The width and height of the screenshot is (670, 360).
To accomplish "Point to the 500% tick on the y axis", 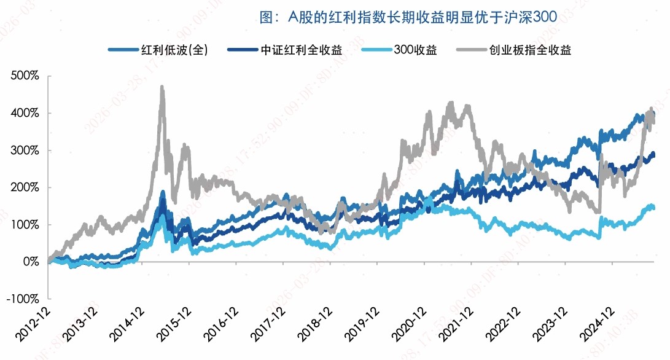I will [25, 76].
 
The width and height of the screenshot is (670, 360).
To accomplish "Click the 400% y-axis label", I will [25, 114].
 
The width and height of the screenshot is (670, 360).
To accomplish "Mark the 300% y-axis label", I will [25, 151].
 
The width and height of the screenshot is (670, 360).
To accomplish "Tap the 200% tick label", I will [25, 187].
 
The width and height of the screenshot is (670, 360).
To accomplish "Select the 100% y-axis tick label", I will [25, 225].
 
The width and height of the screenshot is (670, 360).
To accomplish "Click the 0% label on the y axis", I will [31, 262].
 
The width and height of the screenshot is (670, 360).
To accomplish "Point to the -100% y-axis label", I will [23, 299].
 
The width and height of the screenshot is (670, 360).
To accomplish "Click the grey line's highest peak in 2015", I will [162, 87].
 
